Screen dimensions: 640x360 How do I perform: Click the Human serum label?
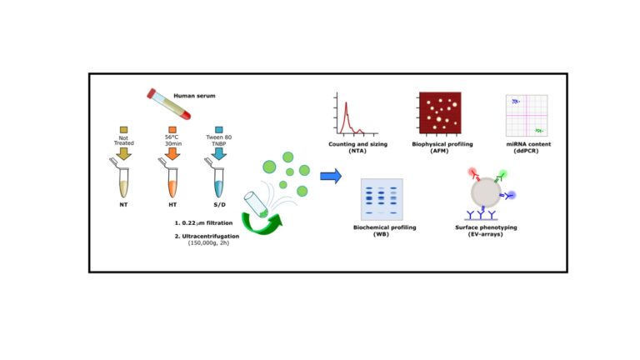pos(194,96)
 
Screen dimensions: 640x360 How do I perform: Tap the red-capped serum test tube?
pos(168,104)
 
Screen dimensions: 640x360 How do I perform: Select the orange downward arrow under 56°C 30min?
pos(172,153)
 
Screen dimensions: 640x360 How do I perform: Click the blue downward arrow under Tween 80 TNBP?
pos(219,153)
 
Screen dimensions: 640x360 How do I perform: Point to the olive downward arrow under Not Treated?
pos(123,153)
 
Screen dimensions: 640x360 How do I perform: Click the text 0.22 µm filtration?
pos(203,223)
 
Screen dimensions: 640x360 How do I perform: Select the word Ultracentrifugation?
pos(211,236)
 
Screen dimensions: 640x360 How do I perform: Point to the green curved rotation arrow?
pos(262,224)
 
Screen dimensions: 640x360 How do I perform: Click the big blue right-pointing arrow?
pos(331,176)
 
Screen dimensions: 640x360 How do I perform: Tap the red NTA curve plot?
pos(356,114)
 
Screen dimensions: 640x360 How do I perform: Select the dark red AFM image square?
pos(440,112)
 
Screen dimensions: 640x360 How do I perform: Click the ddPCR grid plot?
pos(527,116)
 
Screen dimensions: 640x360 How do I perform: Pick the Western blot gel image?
pos(382,199)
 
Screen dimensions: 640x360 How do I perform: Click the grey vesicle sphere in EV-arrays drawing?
pos(486,192)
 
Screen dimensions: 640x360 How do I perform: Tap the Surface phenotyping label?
pos(486,227)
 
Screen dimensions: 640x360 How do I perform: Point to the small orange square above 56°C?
pos(172,130)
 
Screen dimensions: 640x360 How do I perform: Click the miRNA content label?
pos(528,144)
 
